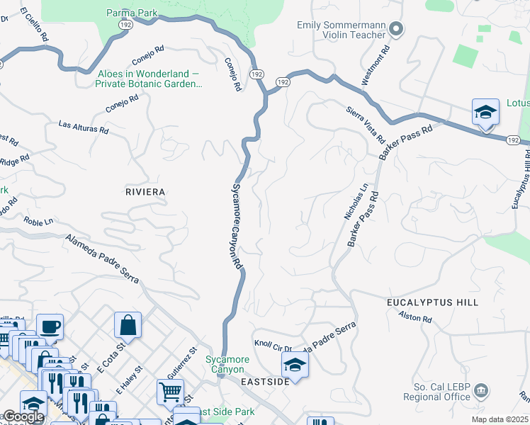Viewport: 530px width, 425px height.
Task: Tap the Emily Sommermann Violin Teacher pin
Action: click(396, 29)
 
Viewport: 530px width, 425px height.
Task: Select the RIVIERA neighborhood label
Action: click(145, 192)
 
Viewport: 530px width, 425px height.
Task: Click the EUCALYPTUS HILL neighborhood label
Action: click(432, 302)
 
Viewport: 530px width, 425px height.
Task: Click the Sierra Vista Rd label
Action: click(365, 124)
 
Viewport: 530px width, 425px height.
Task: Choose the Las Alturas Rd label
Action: click(84, 128)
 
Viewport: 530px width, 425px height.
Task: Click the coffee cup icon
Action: click(50, 327)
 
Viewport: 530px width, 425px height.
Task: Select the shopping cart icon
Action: click(170, 391)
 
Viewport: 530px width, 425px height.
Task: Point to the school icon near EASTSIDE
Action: click(295, 365)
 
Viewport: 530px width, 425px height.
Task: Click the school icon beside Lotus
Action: click(485, 112)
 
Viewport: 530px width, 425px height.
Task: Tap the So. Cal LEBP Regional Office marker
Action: click(481, 390)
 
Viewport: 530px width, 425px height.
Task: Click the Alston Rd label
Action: click(415, 317)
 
